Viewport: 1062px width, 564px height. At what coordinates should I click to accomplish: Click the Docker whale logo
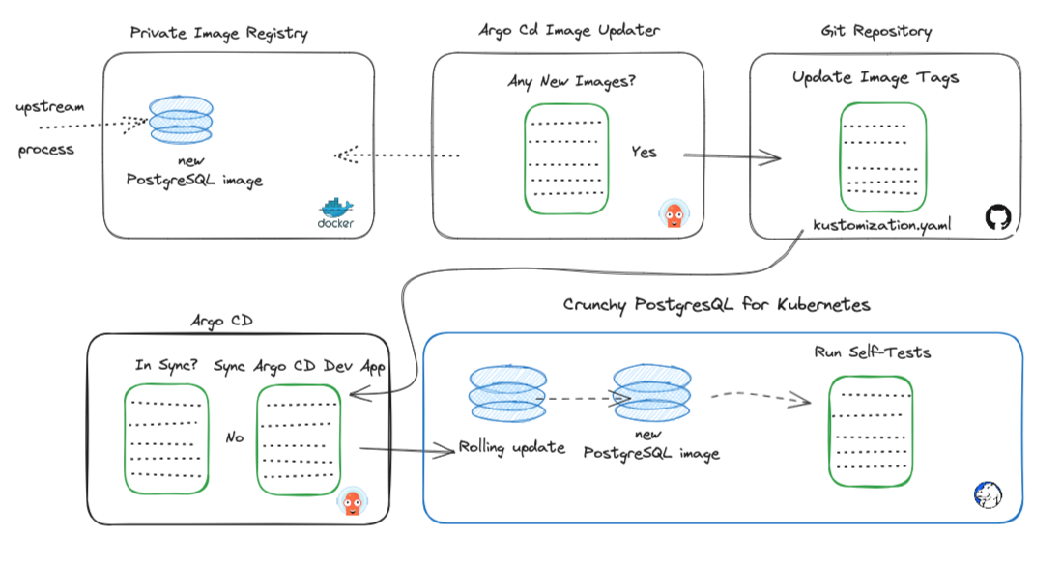(336, 212)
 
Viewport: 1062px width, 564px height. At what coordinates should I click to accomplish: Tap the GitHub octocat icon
(996, 218)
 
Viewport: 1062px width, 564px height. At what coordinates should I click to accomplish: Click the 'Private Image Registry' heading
(219, 34)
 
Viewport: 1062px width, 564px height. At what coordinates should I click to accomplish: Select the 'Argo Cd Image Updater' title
(569, 31)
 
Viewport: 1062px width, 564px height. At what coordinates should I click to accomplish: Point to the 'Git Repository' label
(875, 32)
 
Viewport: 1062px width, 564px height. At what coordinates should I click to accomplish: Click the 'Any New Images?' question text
(571, 82)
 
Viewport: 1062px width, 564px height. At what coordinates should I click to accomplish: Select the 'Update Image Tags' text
(875, 78)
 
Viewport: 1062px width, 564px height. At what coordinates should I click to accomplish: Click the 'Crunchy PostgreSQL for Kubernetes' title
(716, 305)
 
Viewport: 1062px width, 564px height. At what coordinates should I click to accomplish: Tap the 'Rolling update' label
(512, 448)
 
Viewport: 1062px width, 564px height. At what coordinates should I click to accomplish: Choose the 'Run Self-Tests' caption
(873, 352)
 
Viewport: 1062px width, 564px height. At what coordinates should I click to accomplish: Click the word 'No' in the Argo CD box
(234, 437)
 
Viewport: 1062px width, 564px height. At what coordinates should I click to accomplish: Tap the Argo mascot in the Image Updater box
(673, 214)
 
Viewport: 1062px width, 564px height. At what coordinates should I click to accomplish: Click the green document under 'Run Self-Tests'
(872, 431)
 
